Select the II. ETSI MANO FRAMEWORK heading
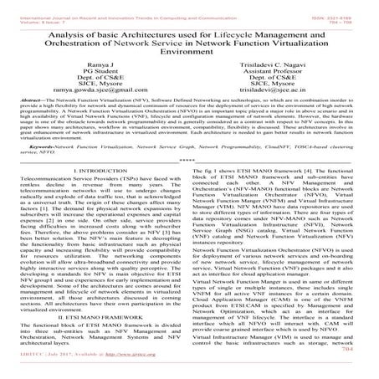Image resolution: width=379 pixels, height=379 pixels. [98, 342]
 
